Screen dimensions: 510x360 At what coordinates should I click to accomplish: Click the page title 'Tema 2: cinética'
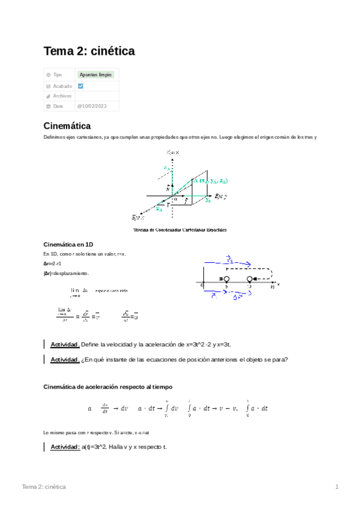89,52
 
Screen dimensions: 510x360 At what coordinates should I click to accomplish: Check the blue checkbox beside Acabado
81,86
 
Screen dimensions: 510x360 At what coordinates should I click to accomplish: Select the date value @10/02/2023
93,106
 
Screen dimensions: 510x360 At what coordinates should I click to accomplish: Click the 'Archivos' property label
62,96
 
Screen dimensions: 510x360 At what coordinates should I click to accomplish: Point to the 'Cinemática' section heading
67,126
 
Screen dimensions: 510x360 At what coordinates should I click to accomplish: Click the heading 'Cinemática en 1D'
69,244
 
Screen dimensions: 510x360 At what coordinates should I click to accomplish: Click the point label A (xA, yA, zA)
210,180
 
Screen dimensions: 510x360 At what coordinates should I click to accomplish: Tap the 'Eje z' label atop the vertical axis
173,153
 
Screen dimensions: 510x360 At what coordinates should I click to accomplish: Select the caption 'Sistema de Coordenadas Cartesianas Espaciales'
180,229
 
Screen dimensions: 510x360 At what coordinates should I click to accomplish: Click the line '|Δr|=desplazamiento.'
66,273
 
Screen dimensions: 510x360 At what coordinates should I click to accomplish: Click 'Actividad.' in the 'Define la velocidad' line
65,344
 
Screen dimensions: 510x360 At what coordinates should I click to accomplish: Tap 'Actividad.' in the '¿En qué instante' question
65,360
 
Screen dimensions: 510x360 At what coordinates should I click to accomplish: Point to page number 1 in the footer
337,486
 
